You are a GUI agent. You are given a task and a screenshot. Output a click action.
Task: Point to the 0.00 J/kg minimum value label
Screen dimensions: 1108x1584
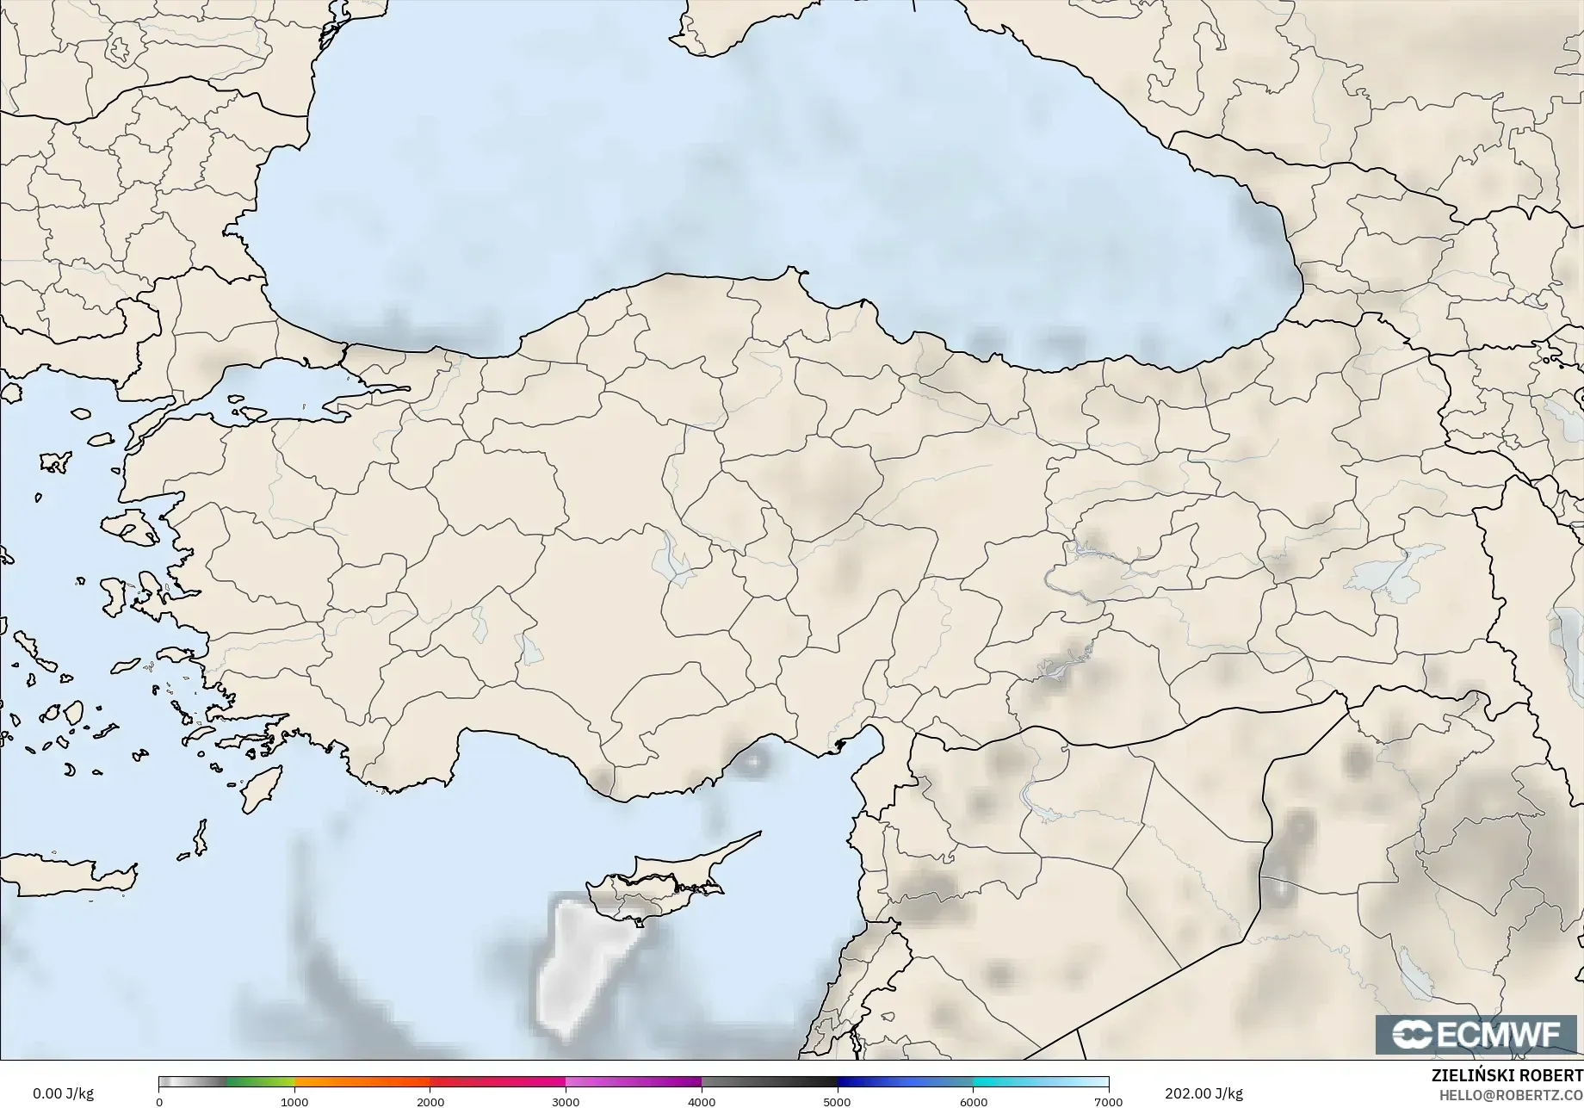tap(63, 1093)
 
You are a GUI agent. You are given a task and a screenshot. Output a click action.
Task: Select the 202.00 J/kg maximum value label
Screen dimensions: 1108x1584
tap(1203, 1093)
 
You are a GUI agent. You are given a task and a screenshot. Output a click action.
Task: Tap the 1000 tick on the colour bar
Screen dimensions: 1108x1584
tap(294, 1101)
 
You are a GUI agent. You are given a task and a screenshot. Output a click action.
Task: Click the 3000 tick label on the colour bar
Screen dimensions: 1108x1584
tap(566, 1101)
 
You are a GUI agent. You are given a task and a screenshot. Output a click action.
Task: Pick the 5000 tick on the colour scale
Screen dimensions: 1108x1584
tap(837, 1101)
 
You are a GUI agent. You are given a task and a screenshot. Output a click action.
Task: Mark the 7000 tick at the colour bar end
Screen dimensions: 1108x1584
tap(1107, 1101)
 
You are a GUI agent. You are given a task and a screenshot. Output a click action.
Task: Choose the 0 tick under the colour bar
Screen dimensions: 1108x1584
tap(159, 1101)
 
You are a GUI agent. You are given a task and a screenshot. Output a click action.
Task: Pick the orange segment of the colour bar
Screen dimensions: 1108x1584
tap(362, 1082)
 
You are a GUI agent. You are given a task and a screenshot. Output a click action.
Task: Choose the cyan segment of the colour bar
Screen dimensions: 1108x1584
tap(1007, 1082)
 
